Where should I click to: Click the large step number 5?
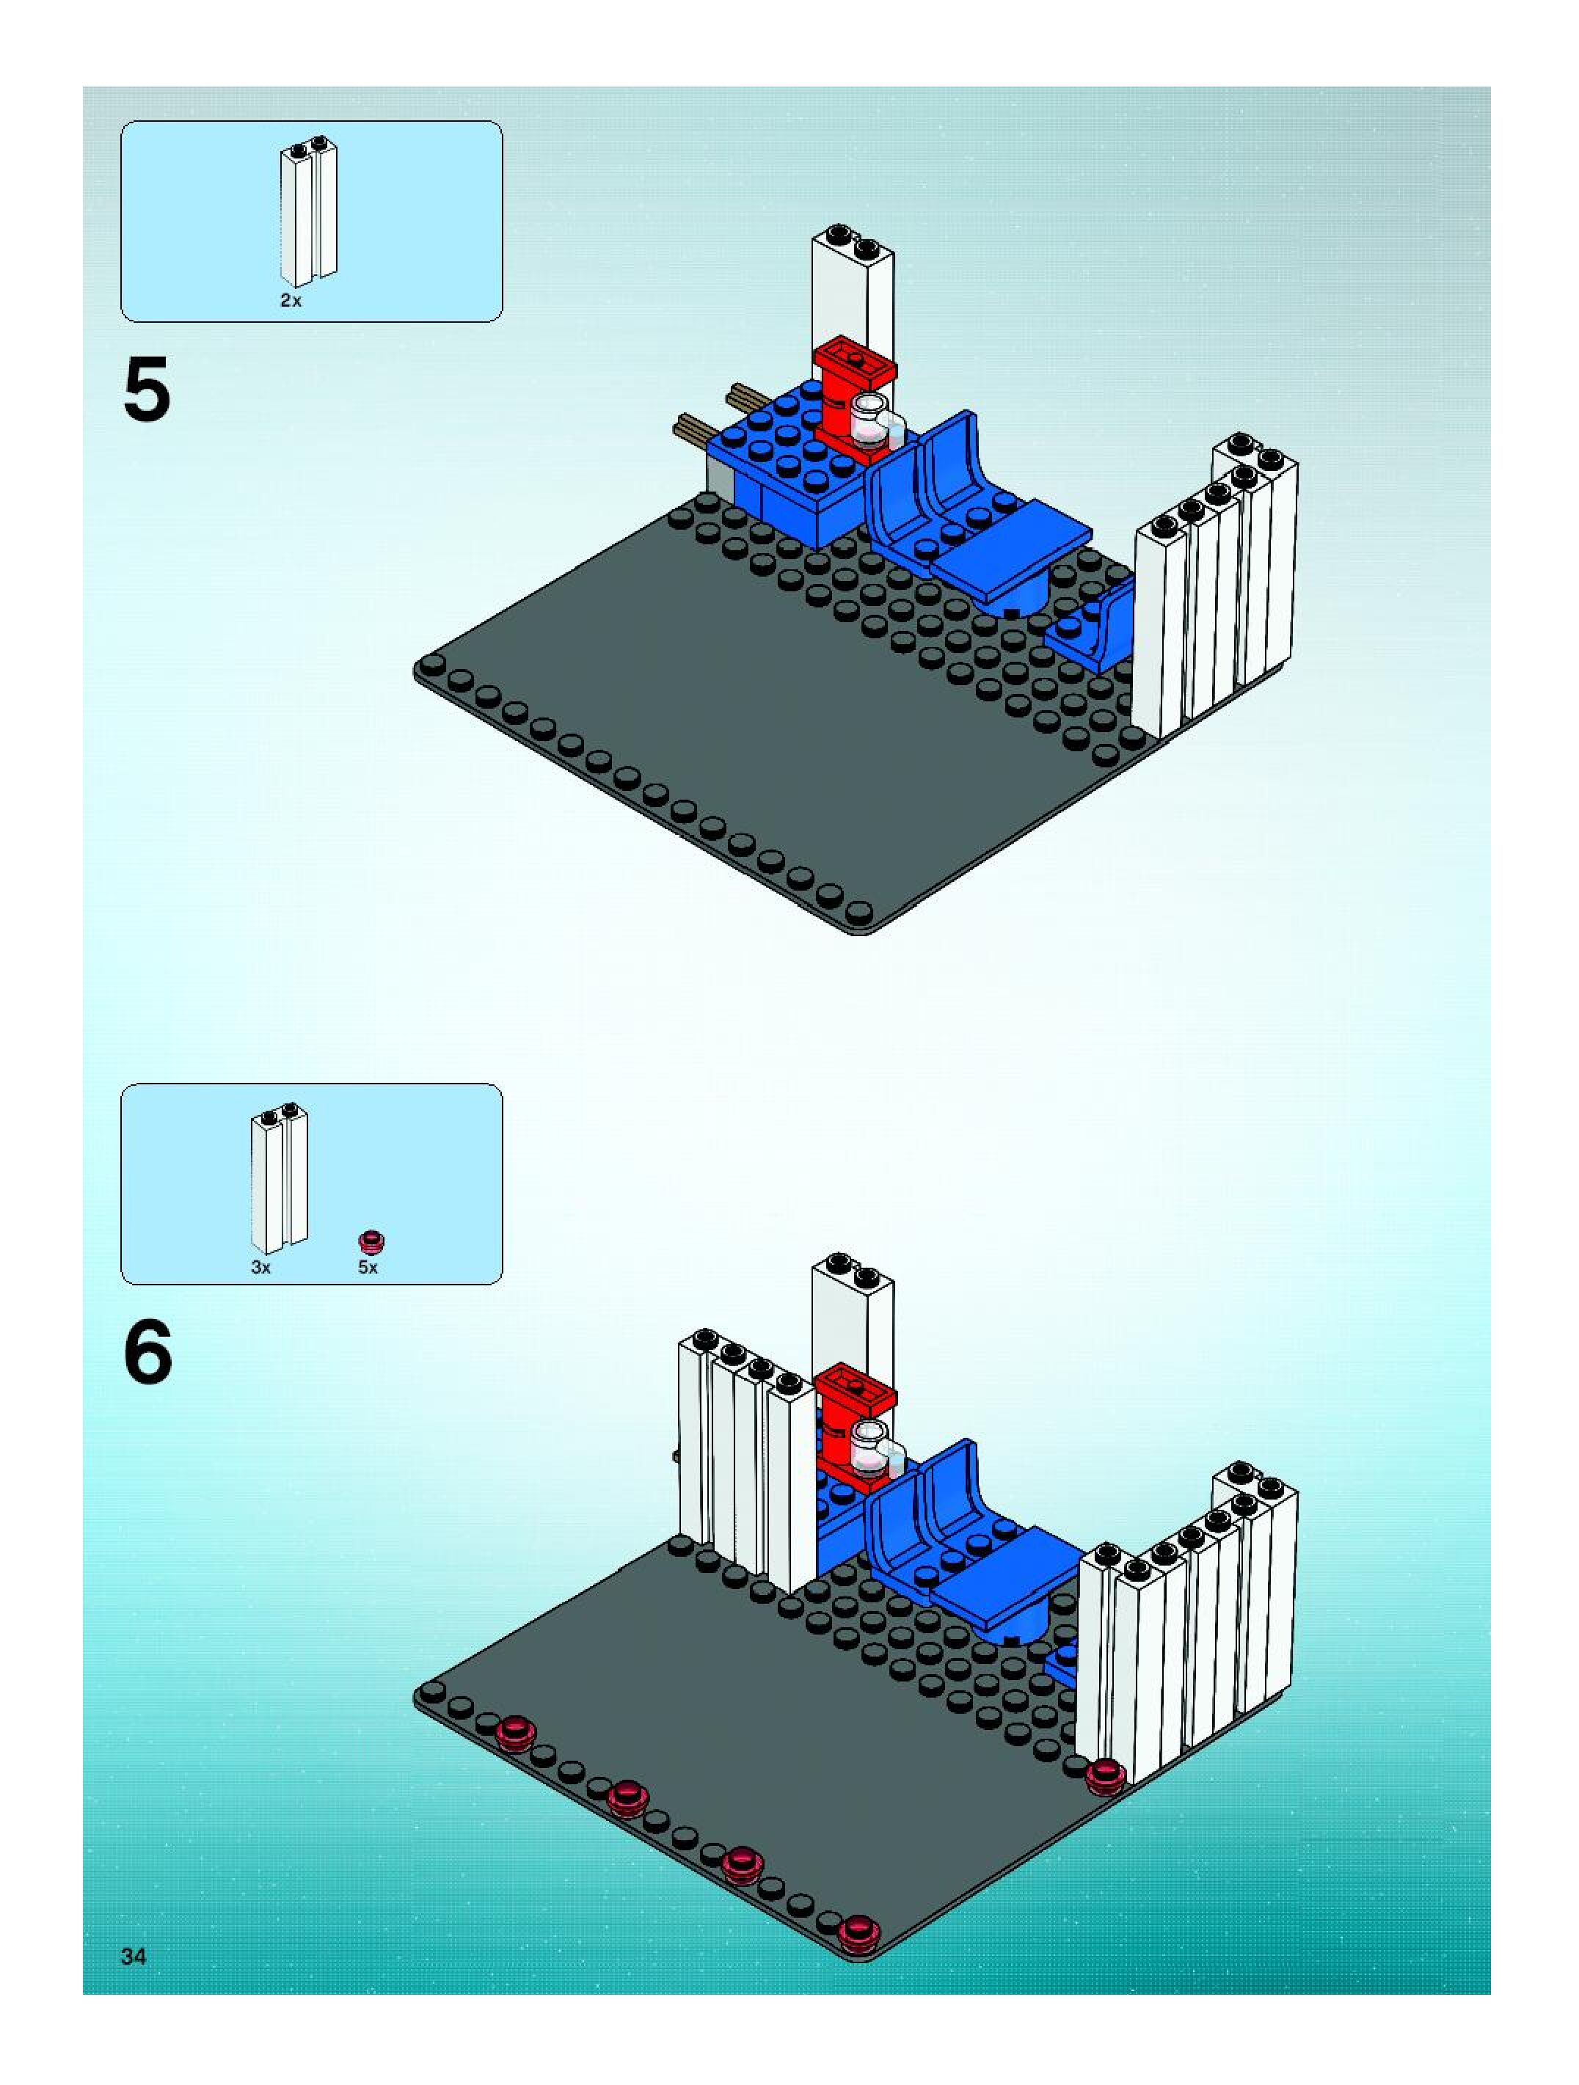[x=147, y=390]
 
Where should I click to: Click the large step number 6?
[x=148, y=1351]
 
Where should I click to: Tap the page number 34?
[x=134, y=1956]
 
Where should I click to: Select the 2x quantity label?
[x=291, y=301]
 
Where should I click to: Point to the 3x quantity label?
[x=261, y=1268]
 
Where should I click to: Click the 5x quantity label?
[x=368, y=1268]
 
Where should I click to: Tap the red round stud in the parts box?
[x=372, y=1241]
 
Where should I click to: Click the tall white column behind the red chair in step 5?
[x=851, y=292]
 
